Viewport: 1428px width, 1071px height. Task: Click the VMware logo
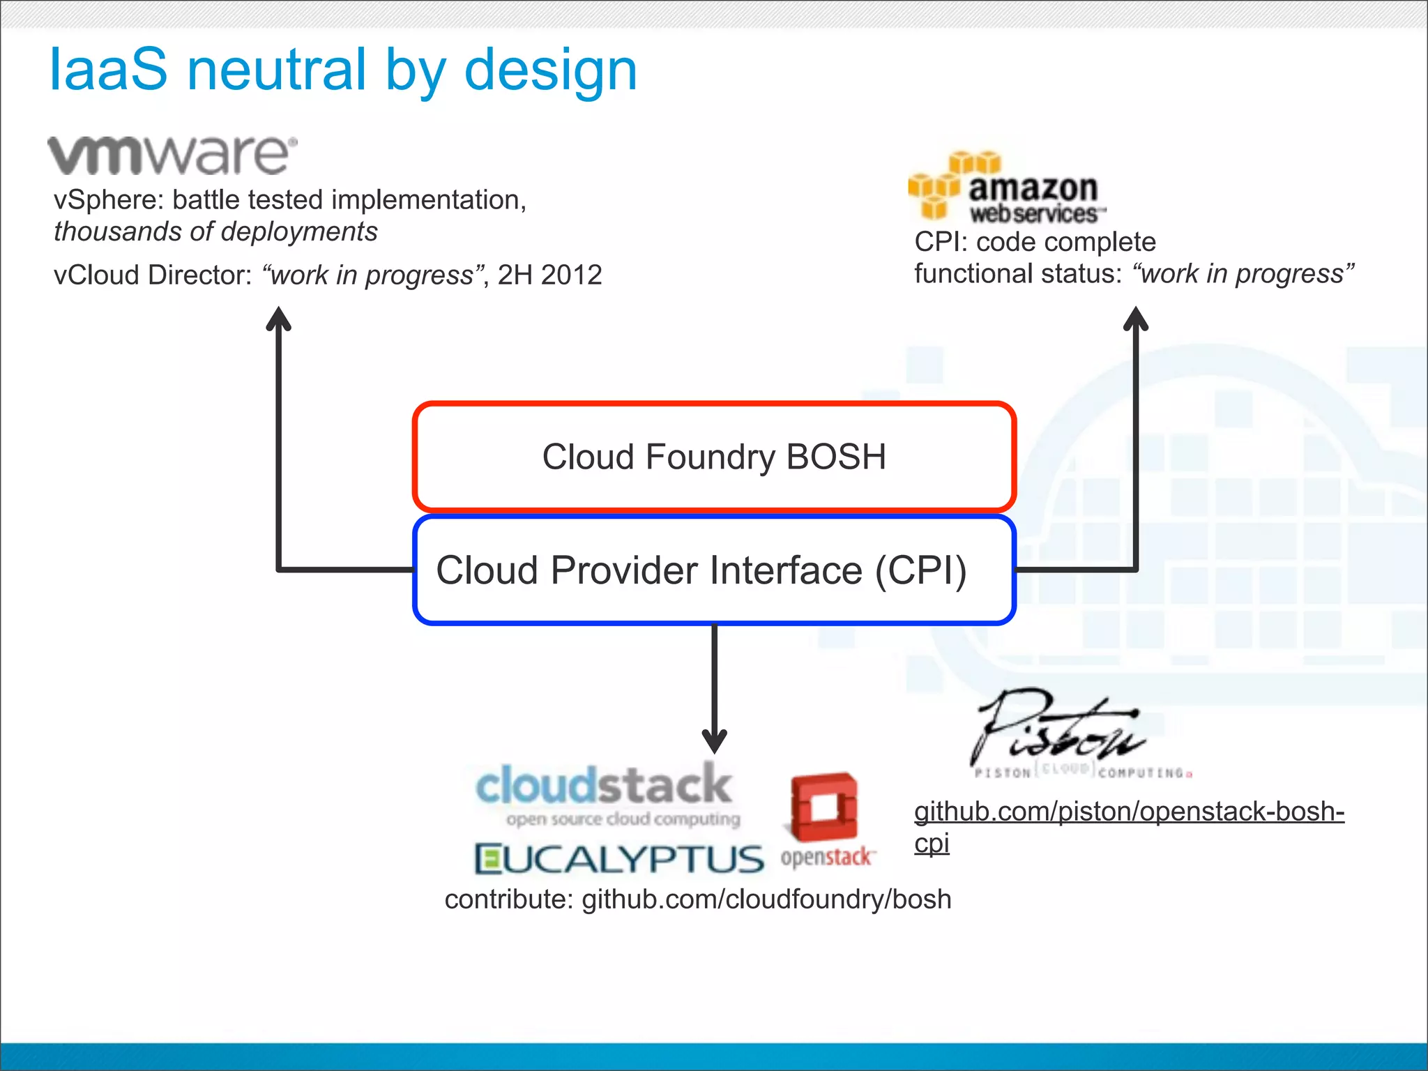(172, 155)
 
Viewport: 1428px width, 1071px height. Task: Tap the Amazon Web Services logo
(1006, 188)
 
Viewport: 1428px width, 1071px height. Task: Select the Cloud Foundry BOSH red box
(714, 457)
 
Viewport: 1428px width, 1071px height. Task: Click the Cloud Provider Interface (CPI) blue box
(714, 570)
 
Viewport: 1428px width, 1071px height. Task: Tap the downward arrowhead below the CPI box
(714, 740)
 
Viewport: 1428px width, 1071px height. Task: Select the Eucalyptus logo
(619, 859)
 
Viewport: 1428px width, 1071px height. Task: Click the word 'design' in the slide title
(550, 71)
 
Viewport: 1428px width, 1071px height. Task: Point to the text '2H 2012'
(549, 275)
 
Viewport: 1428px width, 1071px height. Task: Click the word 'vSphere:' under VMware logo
(109, 200)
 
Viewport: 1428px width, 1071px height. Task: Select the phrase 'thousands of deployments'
(215, 231)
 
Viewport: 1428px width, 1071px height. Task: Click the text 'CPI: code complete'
(1035, 242)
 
